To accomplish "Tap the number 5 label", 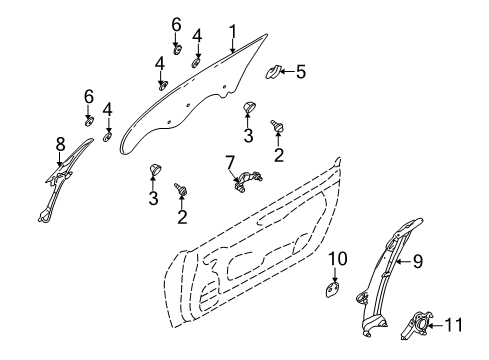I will coord(301,71).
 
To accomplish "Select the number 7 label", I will coord(229,161).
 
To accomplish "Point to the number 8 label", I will coord(60,144).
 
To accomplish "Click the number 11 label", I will coord(455,323).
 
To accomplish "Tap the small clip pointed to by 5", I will coord(273,72).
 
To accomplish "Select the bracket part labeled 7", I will coord(246,180).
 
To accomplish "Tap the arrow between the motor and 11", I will coord(439,323).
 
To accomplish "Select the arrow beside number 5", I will coord(289,71).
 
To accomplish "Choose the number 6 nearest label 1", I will coord(176,23).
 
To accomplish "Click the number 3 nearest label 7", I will coord(155,199).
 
